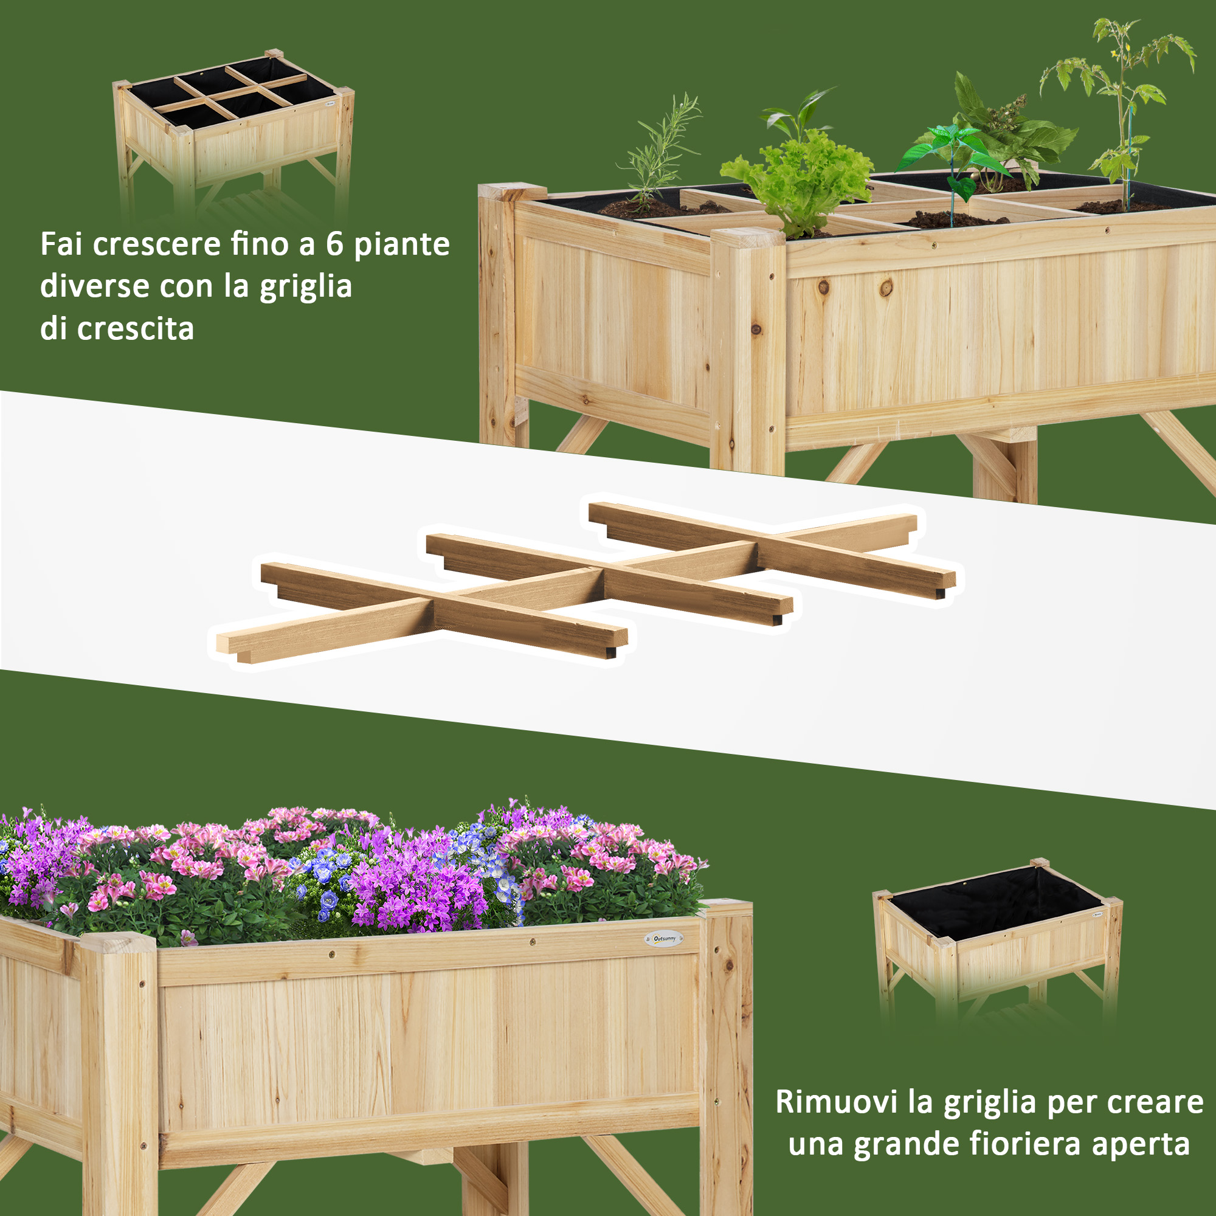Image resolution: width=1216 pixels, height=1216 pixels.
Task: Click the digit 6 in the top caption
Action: pyautogui.click(x=334, y=244)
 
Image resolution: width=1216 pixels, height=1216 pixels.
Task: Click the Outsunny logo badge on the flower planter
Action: pyautogui.click(x=664, y=938)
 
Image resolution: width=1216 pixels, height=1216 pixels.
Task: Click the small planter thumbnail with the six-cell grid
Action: pyautogui.click(x=233, y=136)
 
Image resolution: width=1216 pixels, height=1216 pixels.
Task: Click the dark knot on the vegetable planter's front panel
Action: pyautogui.click(x=886, y=289)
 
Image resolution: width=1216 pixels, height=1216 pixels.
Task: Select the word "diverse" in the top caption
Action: pyautogui.click(x=94, y=286)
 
